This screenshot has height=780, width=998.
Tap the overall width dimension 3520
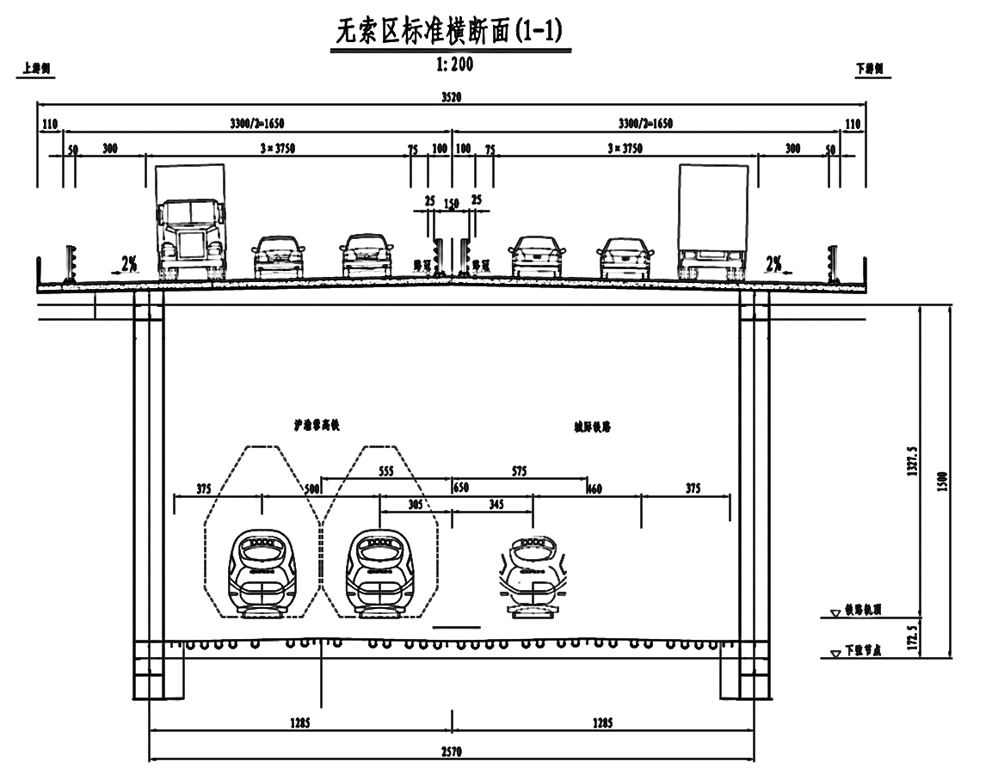[452, 97]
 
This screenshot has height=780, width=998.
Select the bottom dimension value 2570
[452, 752]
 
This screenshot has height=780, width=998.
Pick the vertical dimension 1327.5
[914, 460]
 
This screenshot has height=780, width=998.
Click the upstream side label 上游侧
[35, 70]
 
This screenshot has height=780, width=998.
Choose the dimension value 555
[386, 471]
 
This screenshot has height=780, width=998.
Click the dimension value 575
[518, 471]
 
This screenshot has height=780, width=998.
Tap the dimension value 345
[496, 504]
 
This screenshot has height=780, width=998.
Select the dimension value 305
[415, 504]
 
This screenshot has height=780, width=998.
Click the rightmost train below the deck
[533, 574]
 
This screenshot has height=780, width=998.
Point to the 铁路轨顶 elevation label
[863, 609]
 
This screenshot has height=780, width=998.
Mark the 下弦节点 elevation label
[863, 652]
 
